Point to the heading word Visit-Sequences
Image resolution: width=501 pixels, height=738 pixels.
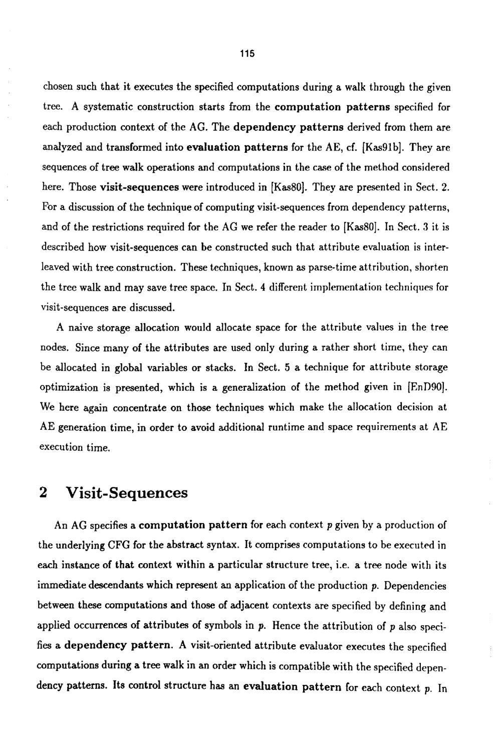coord(127,493)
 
